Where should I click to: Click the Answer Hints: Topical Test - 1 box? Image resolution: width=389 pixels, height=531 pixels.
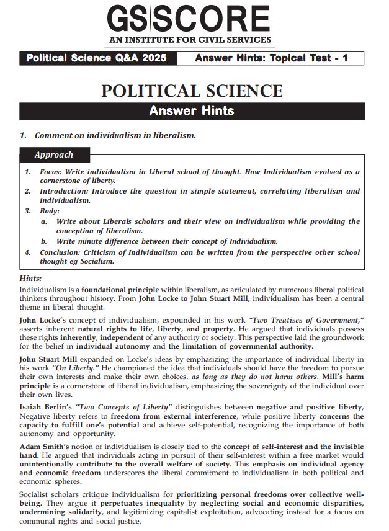(271, 59)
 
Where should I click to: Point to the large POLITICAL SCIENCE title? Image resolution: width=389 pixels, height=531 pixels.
(192, 91)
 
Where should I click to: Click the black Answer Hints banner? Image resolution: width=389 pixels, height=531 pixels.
(192, 111)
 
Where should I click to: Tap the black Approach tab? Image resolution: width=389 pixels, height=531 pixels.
(54, 155)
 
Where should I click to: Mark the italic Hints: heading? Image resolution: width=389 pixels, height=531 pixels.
(30, 279)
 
